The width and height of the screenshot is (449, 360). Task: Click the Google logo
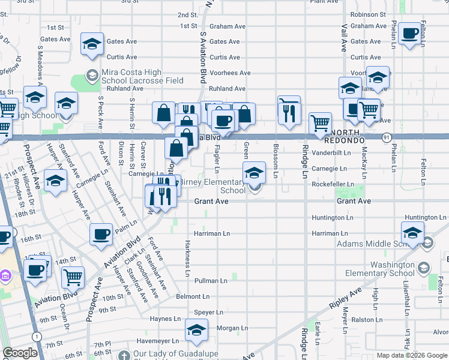coord(20,353)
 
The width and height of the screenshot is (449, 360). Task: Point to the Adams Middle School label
coord(376,244)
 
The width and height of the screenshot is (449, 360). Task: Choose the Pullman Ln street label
coord(210,280)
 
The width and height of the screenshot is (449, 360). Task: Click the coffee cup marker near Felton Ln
coord(410,35)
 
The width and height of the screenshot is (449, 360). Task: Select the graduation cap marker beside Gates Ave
coord(92,46)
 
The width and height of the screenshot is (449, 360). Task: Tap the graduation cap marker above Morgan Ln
coord(196,331)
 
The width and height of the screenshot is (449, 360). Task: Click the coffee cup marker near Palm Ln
coord(101,235)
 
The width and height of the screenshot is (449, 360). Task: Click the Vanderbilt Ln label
coord(331,153)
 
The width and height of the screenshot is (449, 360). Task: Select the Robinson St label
coord(368,14)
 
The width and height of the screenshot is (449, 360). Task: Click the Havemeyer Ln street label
coord(158,341)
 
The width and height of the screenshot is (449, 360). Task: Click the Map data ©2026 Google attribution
coord(411,355)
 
